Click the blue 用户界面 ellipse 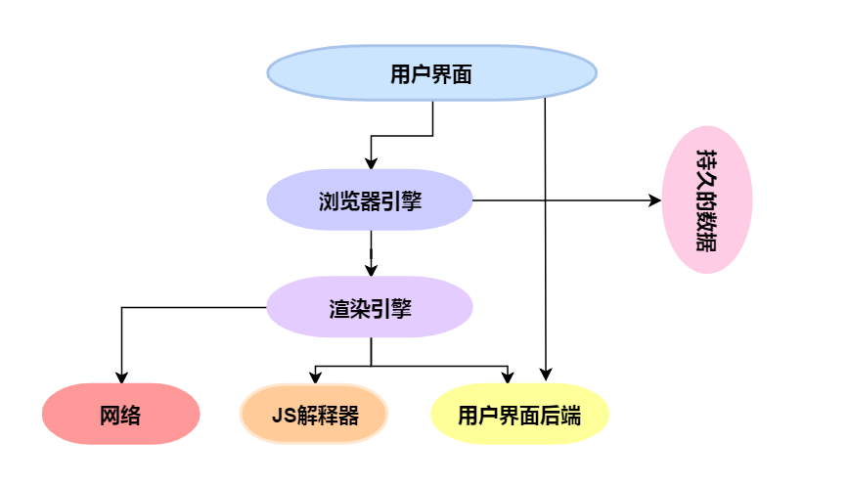point(431,74)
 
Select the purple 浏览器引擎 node point(370,200)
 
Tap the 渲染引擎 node point(370,308)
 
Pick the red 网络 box point(120,415)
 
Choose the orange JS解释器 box point(314,415)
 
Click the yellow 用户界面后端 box point(519,415)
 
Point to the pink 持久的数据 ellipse point(706,200)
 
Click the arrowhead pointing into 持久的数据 point(657,200)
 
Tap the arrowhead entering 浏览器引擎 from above point(371,163)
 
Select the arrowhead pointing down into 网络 point(121,376)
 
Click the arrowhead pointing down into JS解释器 point(314,377)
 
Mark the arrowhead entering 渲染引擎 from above point(371,271)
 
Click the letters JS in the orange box point(280,416)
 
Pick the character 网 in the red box point(110,416)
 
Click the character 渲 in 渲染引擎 point(338,309)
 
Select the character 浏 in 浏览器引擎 point(329,201)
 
